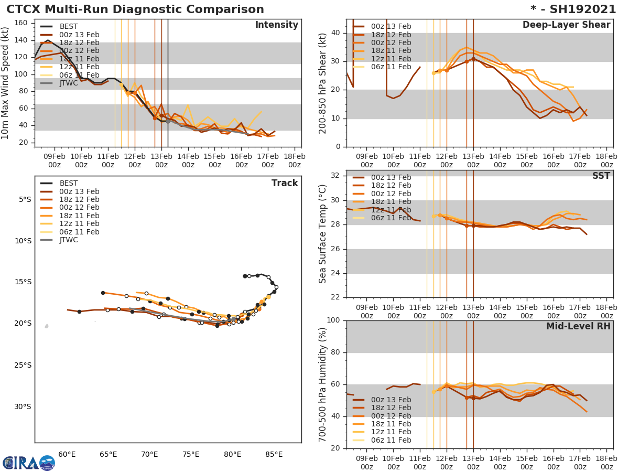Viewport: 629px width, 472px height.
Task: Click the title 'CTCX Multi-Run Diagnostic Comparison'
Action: tap(135, 9)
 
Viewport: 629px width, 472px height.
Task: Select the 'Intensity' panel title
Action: tap(276, 25)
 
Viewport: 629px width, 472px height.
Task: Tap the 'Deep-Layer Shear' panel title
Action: tap(566, 25)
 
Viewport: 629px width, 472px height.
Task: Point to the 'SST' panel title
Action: tap(601, 176)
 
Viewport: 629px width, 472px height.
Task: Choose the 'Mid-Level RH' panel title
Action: tap(578, 326)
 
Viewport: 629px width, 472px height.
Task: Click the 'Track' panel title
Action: tap(285, 183)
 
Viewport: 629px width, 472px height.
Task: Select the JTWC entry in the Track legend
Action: tap(69, 240)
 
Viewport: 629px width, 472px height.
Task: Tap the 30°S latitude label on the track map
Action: tap(23, 406)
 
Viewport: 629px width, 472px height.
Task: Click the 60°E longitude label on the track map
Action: tap(67, 454)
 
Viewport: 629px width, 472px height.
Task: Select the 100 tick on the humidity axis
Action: tap(334, 320)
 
